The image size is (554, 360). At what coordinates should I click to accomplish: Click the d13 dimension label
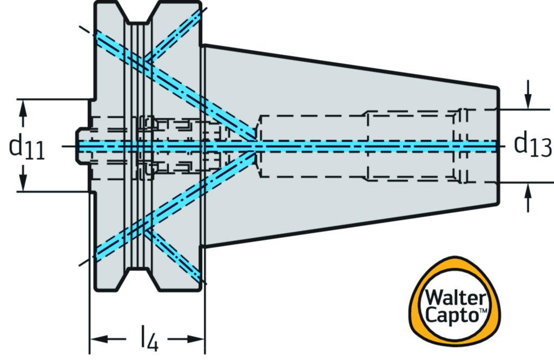click(532, 145)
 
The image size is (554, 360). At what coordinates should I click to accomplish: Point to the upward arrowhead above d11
click(23, 109)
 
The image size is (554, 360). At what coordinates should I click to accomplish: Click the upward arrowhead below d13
click(529, 190)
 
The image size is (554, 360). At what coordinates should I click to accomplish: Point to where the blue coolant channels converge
click(254, 145)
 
